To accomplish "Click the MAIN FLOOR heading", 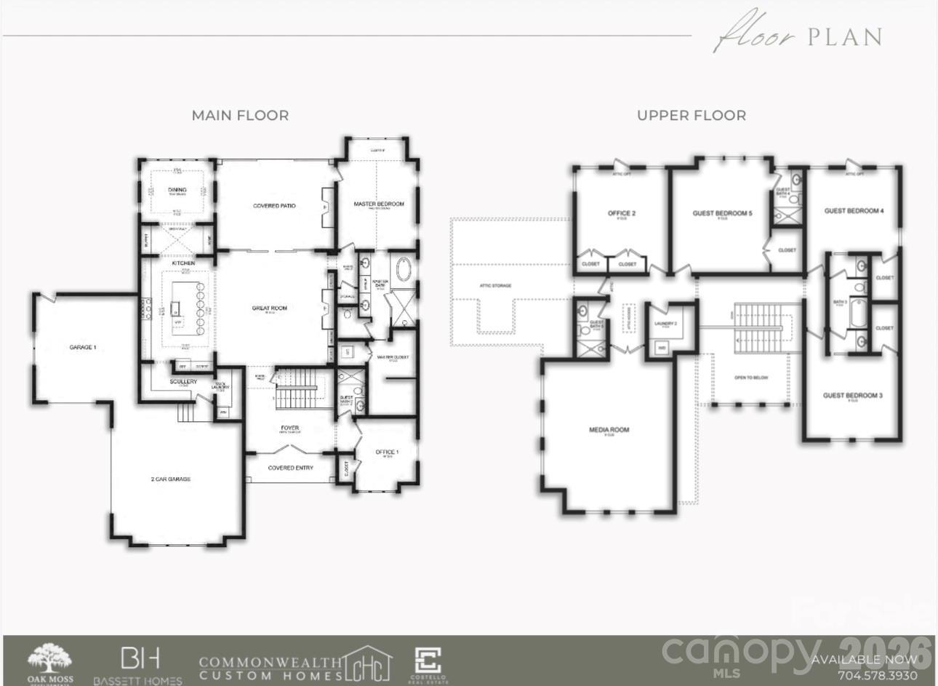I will point(240,115).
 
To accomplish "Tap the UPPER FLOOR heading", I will point(691,115).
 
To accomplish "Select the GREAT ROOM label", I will point(269,308).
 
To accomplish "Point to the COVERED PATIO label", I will point(274,206).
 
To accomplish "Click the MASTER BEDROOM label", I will point(378,204).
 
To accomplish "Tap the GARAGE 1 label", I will point(82,347).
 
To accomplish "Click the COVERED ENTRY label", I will point(290,468).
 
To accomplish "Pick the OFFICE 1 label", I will point(387,452).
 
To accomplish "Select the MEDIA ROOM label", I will point(609,429).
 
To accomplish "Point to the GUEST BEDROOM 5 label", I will point(722,213).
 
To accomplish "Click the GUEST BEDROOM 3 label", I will point(852,395).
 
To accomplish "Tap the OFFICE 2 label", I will point(622,213).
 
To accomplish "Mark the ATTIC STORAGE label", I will point(495,285).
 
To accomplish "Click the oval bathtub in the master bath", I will point(401,271).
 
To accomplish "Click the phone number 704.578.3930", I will point(878,675).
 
